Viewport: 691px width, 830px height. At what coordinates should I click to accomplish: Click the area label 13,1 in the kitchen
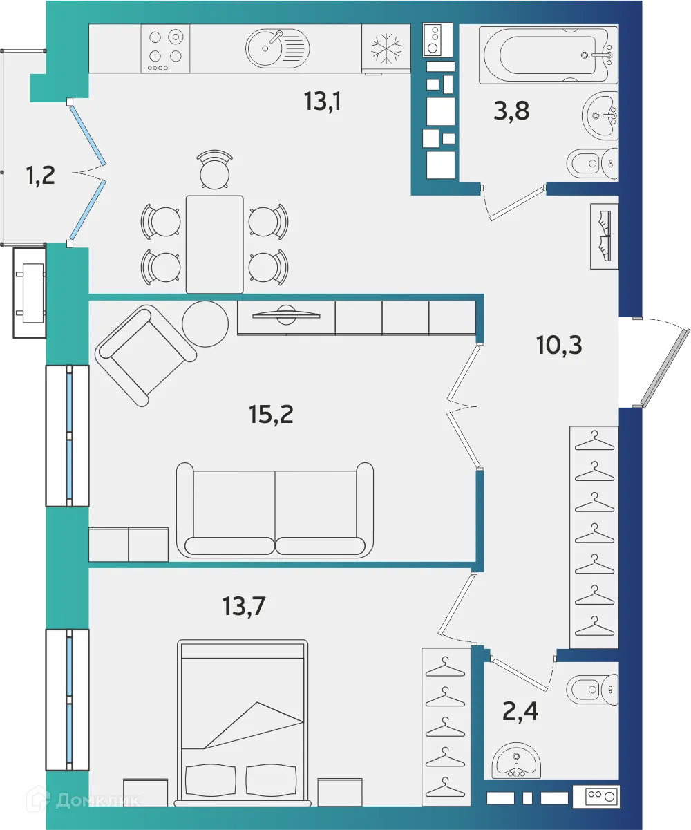point(323,102)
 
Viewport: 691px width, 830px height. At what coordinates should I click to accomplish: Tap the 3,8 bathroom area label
point(511,110)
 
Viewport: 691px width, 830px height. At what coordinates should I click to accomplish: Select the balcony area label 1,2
point(40,176)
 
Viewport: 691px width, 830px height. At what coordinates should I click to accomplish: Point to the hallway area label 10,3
point(559,344)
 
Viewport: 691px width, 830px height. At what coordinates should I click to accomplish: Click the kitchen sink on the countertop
point(277,48)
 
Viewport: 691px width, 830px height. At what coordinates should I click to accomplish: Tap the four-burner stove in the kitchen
point(167,48)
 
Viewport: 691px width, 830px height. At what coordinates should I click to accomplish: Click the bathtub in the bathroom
point(550,54)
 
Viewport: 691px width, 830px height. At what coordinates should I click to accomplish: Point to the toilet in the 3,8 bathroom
point(591,164)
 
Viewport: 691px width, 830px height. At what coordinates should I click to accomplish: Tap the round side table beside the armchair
point(205,322)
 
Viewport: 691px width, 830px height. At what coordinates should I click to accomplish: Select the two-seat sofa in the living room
point(275,510)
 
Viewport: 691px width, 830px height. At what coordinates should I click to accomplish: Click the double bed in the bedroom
point(242,722)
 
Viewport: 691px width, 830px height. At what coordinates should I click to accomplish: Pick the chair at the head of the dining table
point(214,170)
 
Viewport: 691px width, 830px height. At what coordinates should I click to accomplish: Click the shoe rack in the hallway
point(605,236)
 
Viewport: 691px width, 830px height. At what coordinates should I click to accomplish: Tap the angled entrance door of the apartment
point(665,368)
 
